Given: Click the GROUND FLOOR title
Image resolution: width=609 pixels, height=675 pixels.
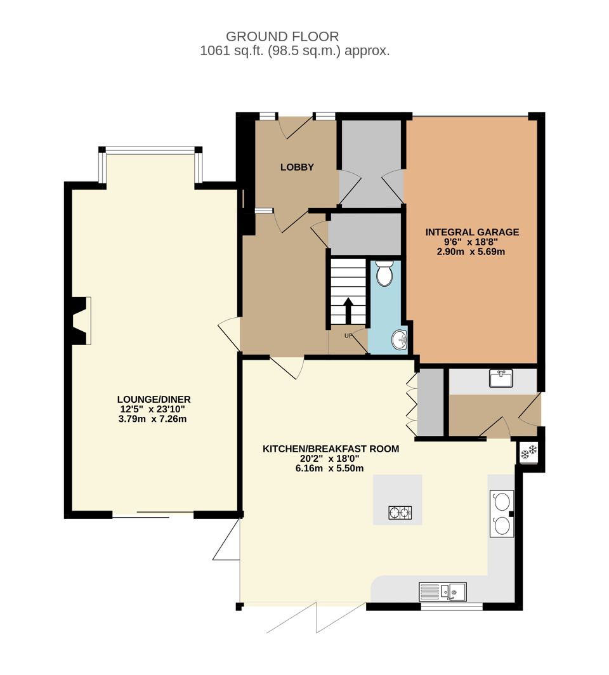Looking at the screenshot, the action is [282, 37].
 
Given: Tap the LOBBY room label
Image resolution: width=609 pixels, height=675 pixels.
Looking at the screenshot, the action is [297, 167].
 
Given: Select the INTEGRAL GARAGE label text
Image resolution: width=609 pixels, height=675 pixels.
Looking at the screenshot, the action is [472, 232].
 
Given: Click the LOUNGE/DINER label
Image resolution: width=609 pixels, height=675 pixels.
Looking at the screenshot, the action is [154, 400].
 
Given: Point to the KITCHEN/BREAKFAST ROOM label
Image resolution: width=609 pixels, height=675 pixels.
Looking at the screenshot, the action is [331, 449].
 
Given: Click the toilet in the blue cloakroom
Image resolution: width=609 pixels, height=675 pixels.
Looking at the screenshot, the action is [384, 273].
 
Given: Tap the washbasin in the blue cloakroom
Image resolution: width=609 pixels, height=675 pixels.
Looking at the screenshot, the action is [400, 339].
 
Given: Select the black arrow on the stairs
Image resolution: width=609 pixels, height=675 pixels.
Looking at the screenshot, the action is [348, 311].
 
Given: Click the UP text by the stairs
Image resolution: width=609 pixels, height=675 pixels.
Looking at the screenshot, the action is [348, 336].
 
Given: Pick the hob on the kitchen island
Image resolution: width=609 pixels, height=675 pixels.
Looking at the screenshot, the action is [400, 513].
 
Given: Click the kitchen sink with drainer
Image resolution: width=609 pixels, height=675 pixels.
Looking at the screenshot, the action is [442, 592].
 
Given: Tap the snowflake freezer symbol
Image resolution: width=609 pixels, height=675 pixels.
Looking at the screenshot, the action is [528, 452].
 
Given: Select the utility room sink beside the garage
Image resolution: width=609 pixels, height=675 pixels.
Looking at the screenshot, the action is [501, 378].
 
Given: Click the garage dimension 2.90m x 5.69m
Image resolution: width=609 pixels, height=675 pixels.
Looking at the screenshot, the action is [471, 252].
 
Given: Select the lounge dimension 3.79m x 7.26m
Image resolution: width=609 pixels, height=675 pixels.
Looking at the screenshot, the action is [152, 419].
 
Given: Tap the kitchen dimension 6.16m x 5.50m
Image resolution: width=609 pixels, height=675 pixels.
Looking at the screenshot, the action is [330, 468].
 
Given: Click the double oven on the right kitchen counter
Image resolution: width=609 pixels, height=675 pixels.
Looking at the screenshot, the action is [502, 513].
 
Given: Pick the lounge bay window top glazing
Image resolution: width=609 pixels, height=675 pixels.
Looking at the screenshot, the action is [150, 149].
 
